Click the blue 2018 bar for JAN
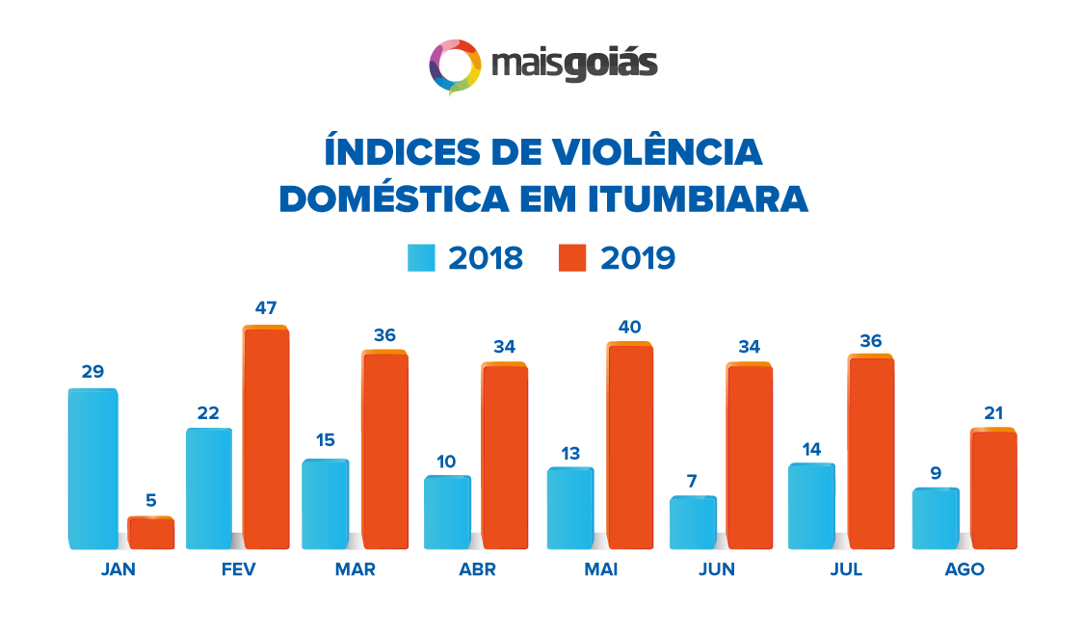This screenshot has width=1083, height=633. (x=92, y=468)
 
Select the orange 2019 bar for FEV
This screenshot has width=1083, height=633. (x=266, y=437)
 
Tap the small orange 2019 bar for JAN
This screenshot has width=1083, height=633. (x=151, y=533)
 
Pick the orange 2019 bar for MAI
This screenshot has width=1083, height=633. (x=629, y=445)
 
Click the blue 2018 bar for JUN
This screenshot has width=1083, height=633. (x=694, y=522)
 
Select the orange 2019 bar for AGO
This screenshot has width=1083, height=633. (x=993, y=488)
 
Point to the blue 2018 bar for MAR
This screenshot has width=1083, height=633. (x=325, y=504)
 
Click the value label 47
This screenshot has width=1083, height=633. (x=266, y=308)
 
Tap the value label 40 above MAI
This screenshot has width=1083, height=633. (x=629, y=327)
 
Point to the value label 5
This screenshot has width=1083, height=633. (x=151, y=500)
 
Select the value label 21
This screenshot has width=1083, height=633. (x=993, y=412)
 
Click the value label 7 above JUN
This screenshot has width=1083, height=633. (x=693, y=480)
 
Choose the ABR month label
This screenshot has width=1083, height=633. (x=477, y=569)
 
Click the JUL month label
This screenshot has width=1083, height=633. (x=846, y=569)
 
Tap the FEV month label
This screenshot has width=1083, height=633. (x=238, y=569)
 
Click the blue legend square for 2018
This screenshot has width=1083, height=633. (x=421, y=258)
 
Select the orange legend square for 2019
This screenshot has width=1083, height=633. (x=572, y=258)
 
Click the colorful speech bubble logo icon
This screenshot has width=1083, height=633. (x=455, y=66)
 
